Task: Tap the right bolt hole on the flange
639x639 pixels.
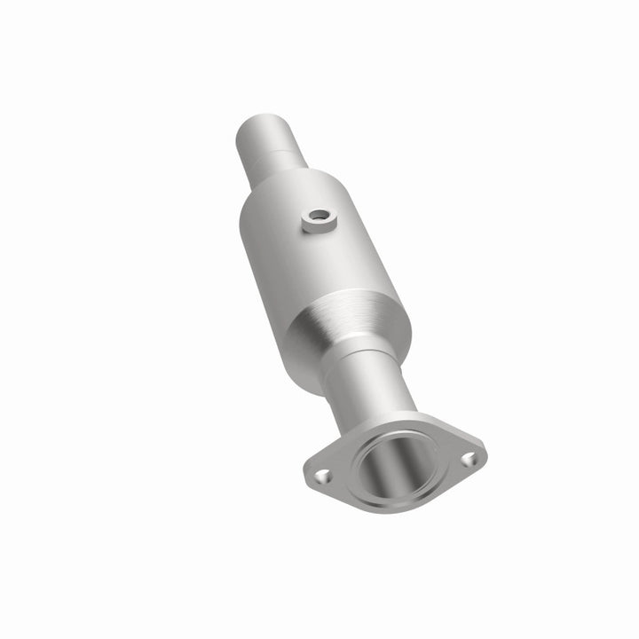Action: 469,459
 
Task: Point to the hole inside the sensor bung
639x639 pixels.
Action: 318,216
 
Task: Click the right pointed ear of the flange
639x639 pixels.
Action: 480,453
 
